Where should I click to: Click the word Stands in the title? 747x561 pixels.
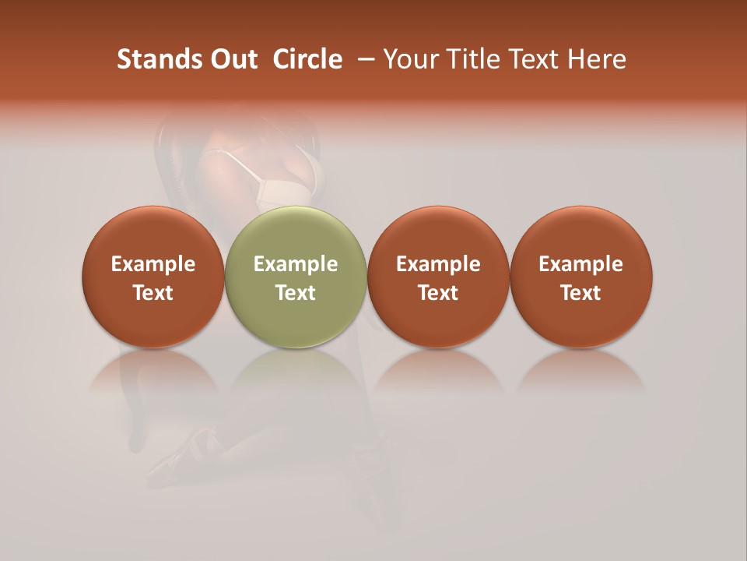pyautogui.click(x=155, y=59)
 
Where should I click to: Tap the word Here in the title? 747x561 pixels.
pyautogui.click(x=598, y=59)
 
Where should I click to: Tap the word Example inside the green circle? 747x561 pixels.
pyautogui.click(x=296, y=264)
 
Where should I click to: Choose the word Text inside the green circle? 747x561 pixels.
pyautogui.click(x=296, y=293)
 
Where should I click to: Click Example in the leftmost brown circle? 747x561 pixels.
pyautogui.click(x=153, y=264)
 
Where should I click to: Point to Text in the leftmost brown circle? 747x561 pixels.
pyautogui.click(x=153, y=293)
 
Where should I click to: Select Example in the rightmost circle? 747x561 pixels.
pyautogui.click(x=581, y=264)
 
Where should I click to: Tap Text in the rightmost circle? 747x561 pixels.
pyautogui.click(x=581, y=293)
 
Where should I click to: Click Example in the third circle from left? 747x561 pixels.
pyautogui.click(x=439, y=264)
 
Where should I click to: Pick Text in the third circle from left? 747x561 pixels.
pyautogui.click(x=439, y=293)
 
